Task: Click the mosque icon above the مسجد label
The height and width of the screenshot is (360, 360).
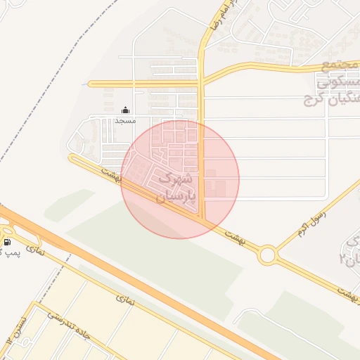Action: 126,110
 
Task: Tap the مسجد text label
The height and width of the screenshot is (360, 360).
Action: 125,121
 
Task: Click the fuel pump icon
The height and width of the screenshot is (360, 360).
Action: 7,243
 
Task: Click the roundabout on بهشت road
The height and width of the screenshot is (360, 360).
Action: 267,255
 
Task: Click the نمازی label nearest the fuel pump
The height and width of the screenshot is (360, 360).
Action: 34,249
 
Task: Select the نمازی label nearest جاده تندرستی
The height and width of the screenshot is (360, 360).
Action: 124,300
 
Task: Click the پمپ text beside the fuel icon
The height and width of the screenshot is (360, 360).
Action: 14,252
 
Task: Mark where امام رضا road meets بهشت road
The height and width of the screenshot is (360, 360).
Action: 203,220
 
